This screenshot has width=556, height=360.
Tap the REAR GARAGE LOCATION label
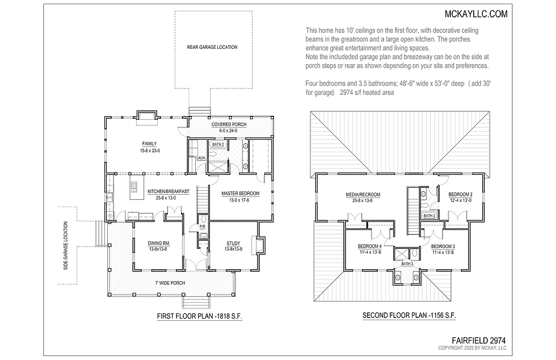tap(212, 47)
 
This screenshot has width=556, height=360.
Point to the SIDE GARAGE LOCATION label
tap(66, 253)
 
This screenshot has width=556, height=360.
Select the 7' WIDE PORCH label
tap(170, 283)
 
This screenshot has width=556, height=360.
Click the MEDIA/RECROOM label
tap(363, 195)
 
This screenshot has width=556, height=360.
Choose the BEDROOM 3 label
tap(443, 246)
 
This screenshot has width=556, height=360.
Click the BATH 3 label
tap(407, 263)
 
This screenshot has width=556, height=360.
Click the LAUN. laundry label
tap(200, 158)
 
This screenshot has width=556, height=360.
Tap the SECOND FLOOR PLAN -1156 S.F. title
tap(409, 316)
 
